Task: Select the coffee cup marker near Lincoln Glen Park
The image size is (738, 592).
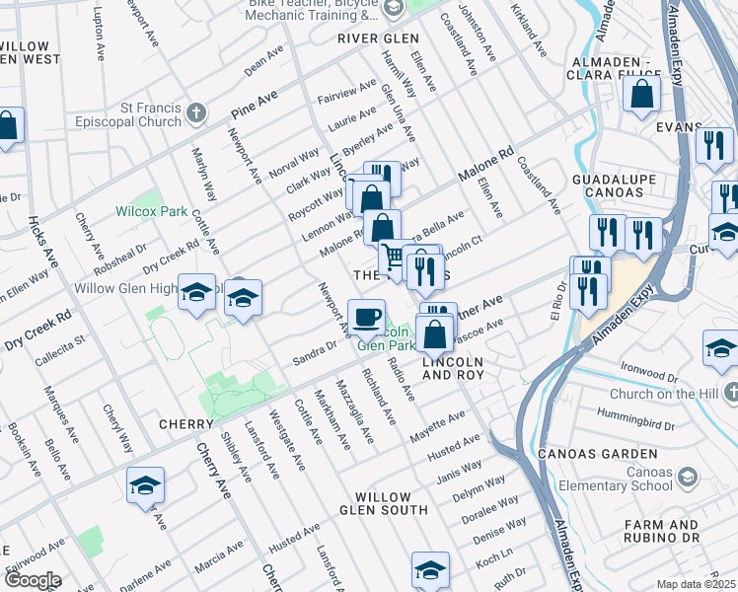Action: pyautogui.click(x=367, y=318)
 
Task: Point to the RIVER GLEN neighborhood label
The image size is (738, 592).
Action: pyautogui.click(x=371, y=38)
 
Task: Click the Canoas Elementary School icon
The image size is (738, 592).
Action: pyautogui.click(x=687, y=478)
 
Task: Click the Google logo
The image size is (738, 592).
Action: pyautogui.click(x=32, y=580)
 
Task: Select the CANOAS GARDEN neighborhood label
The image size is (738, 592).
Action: pyautogui.click(x=597, y=454)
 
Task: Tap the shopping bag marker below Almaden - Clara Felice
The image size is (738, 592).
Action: pyautogui.click(x=641, y=95)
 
